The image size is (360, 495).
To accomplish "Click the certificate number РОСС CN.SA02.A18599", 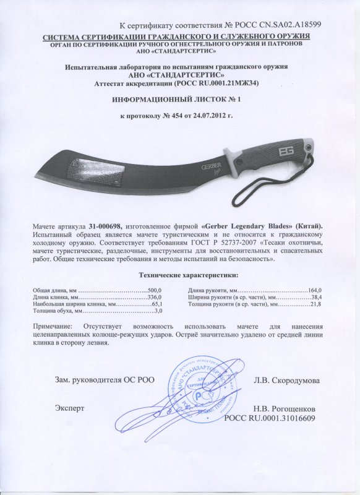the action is [286, 25].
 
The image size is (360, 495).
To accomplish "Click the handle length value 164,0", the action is [317, 290].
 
